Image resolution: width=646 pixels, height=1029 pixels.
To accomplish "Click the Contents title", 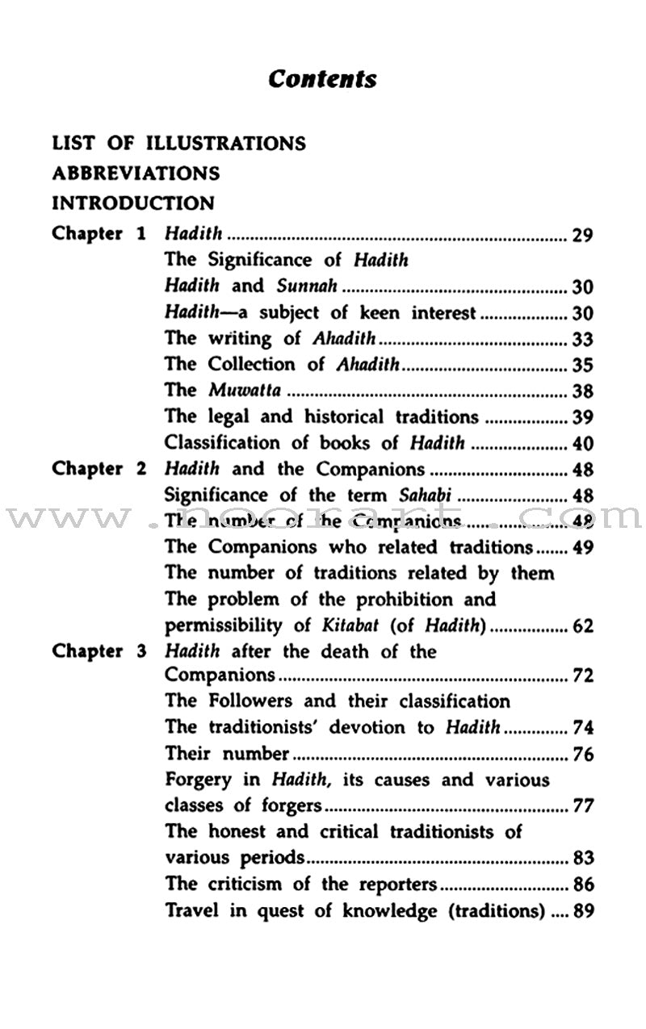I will pyautogui.click(x=322, y=79).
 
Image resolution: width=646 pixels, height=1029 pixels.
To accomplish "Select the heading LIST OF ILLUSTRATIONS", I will pyautogui.click(x=178, y=144).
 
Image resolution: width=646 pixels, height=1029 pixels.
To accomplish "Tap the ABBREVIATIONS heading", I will pyautogui.click(x=136, y=174).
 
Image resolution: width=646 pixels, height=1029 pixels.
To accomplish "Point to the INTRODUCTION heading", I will pyautogui.click(x=133, y=203).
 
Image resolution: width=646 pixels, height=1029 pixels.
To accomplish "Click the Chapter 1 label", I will pyautogui.click(x=99, y=234).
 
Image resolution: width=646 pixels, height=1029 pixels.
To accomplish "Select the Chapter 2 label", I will pyautogui.click(x=99, y=470).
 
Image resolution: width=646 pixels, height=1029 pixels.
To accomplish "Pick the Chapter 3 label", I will pyautogui.click(x=99, y=652).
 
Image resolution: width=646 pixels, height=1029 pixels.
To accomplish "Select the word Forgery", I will pyautogui.click(x=198, y=780).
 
